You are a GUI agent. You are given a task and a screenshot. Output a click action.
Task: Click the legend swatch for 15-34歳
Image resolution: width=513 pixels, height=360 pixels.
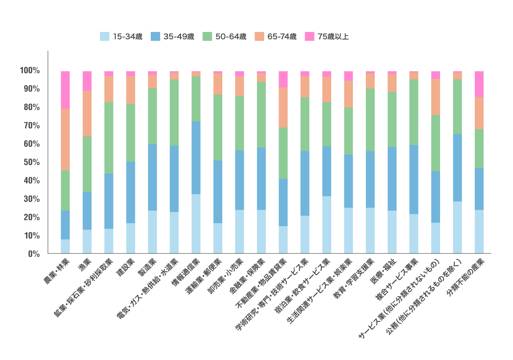[104, 36]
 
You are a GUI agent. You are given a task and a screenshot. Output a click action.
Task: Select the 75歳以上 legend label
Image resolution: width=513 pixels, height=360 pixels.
[333, 36]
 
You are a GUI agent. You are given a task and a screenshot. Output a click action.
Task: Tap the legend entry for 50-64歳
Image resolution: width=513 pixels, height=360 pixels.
[231, 36]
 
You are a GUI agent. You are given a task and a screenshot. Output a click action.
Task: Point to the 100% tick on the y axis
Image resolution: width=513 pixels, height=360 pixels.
[30, 71]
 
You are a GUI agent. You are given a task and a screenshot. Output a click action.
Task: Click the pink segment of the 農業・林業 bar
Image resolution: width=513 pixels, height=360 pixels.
[65, 90]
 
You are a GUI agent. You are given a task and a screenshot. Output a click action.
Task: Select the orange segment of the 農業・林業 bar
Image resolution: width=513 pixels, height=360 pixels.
[65, 139]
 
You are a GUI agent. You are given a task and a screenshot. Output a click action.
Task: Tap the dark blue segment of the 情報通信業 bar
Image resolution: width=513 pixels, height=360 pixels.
[196, 157]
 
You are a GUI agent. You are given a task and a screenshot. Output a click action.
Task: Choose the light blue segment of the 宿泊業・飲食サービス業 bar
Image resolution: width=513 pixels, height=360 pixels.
[327, 225]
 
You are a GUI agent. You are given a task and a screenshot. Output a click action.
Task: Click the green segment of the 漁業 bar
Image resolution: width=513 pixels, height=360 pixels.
[87, 164]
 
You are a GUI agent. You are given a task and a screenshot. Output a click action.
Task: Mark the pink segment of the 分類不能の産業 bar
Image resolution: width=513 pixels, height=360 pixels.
[479, 84]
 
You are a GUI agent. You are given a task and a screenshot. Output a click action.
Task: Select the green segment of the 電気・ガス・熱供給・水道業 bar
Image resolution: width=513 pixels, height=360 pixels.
[174, 112]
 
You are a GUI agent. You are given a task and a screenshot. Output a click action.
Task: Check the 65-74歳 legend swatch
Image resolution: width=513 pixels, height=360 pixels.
[260, 36]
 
